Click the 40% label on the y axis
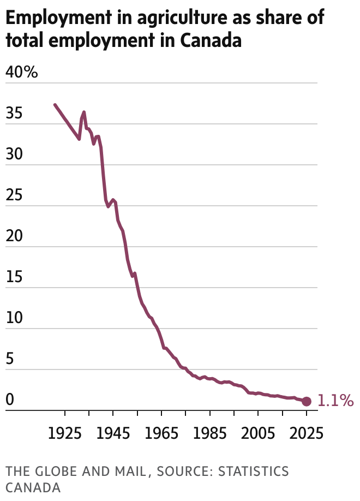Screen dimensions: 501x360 tap(21, 72)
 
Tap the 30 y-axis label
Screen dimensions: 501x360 tap(15, 154)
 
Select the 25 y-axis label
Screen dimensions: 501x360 tap(14, 195)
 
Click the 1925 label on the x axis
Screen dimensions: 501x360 tap(65, 434)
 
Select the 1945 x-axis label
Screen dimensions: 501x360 tap(113, 434)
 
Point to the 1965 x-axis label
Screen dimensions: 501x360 tap(162, 434)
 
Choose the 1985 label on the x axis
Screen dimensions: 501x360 tap(210, 434)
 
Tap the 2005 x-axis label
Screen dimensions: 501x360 tap(258, 434)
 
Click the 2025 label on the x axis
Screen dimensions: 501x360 tap(306, 434)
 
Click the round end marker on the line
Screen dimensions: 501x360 tap(307, 401)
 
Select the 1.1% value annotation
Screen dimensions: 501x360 tap(335, 401)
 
